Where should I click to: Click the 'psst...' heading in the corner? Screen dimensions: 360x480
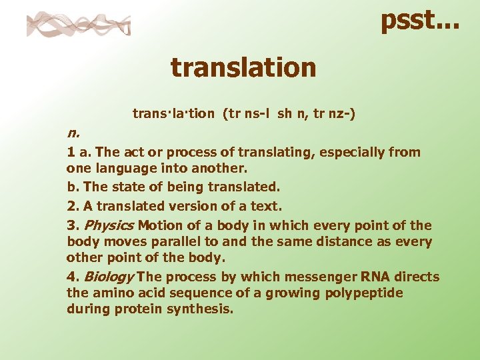point(419,19)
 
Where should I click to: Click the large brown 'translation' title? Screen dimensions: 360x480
point(243,67)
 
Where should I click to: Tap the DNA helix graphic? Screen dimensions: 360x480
point(79,25)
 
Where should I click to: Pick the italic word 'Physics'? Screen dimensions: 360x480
point(109,225)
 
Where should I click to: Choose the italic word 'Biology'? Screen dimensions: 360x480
point(109,277)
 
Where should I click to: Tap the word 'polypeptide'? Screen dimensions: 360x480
point(366,293)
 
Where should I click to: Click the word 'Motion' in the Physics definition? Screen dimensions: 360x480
point(158,225)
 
